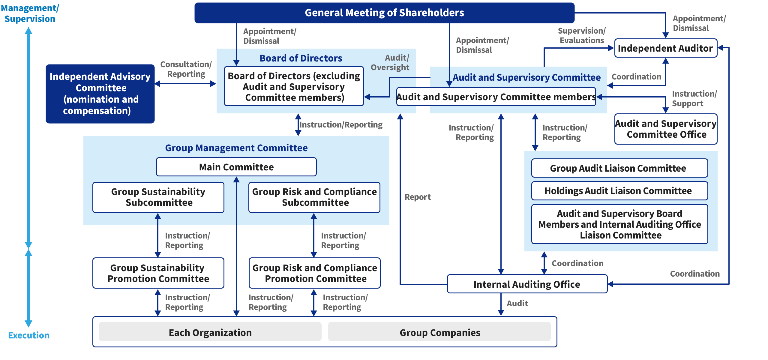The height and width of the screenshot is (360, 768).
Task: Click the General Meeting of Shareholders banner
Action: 384,13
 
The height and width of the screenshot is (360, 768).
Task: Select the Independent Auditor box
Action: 665,48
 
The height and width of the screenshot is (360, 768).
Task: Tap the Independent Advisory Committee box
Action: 100,94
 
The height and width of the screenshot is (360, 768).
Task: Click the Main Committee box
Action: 236,167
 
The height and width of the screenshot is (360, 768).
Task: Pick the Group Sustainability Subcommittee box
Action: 158,197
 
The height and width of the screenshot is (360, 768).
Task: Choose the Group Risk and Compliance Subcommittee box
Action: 314,197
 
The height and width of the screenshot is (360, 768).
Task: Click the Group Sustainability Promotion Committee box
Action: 158,273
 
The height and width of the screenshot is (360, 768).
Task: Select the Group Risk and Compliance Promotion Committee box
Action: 314,273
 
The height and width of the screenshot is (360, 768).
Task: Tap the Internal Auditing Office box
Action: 527,284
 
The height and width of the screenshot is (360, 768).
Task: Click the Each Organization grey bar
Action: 210,332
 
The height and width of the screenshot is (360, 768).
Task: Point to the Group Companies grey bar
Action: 439,332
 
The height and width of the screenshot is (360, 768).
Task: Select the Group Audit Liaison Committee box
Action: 619,168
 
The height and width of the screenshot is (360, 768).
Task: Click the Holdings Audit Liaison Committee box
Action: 619,191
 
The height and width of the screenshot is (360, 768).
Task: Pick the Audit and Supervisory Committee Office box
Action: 666,129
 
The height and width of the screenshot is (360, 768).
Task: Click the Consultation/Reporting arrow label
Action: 186,69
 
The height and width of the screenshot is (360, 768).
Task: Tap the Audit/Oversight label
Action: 390,62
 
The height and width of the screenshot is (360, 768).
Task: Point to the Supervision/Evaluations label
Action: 582,35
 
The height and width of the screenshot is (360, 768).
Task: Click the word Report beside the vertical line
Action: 417,197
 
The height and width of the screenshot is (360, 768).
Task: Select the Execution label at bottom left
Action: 29,335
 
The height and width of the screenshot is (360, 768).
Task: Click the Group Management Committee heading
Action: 236,148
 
